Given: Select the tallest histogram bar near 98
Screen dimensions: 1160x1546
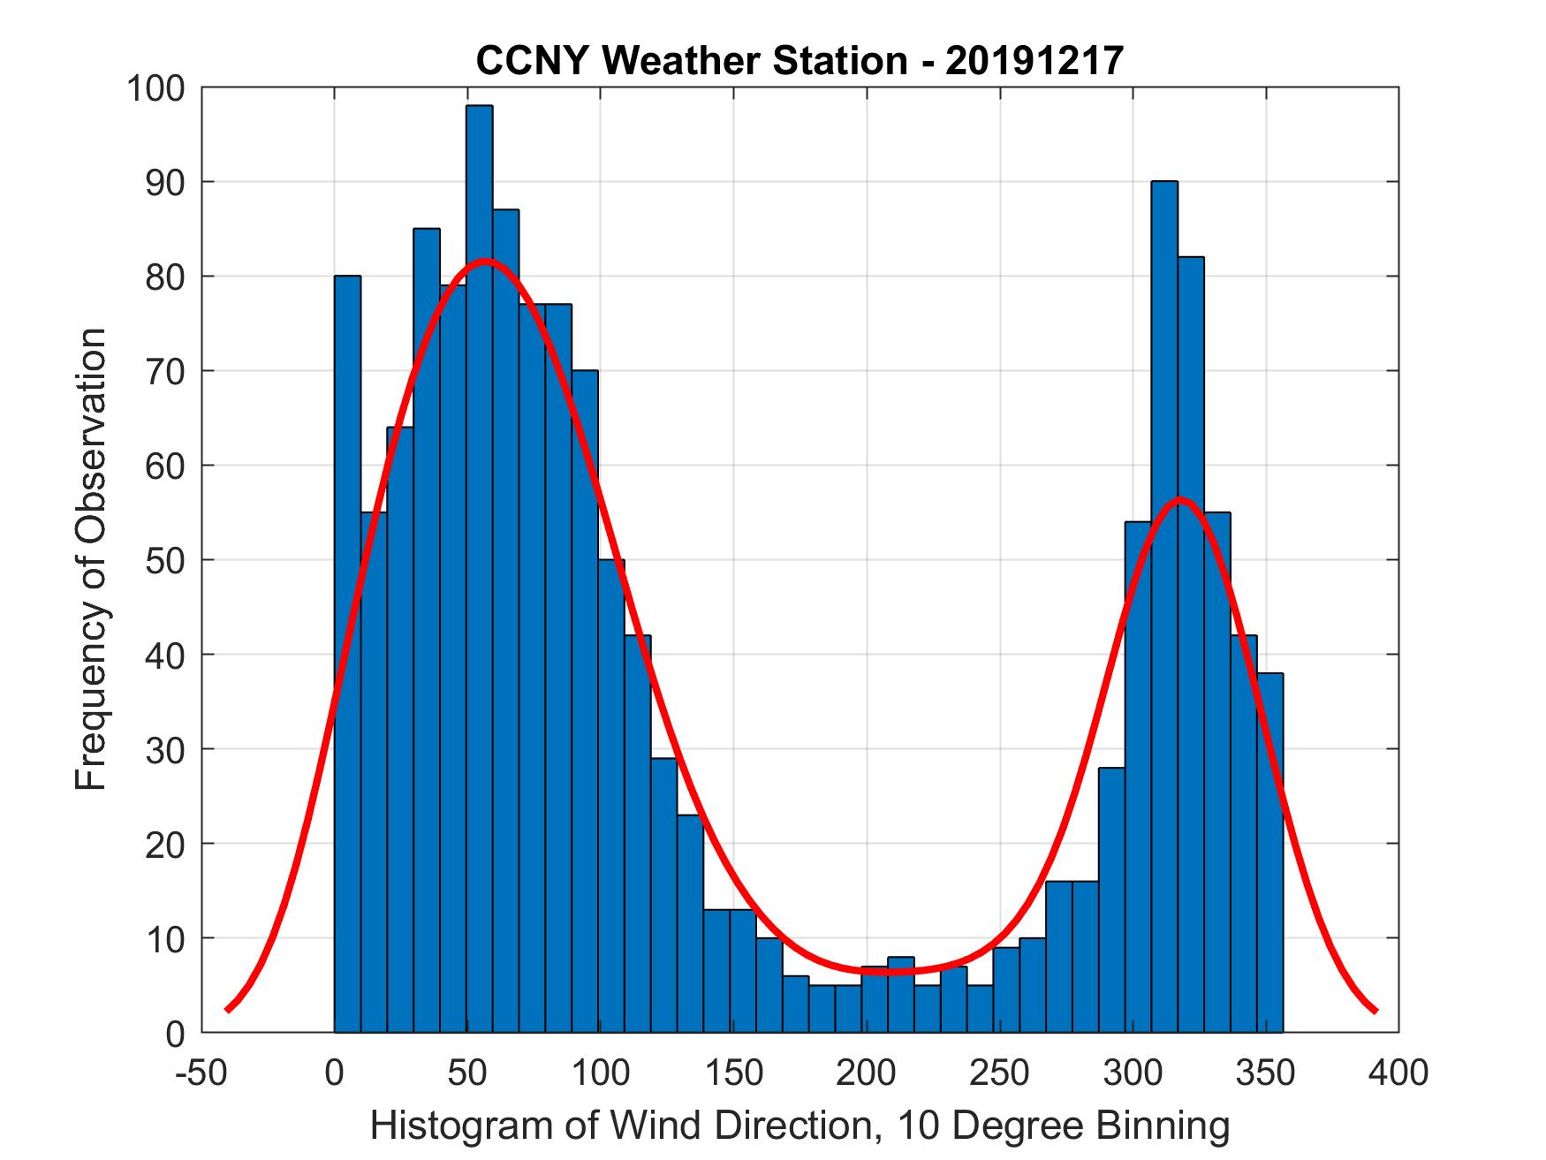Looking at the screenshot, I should pos(479,565).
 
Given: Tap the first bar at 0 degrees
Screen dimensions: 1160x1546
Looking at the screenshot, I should pos(347,654).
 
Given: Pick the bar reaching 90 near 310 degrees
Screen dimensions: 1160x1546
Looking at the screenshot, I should pos(1164,610).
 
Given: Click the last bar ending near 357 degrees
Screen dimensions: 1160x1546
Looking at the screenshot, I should pos(1269,853).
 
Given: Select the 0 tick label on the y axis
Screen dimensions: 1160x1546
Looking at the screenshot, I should pos(177,1033).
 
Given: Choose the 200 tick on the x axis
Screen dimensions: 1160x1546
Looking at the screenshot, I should pos(867,1073).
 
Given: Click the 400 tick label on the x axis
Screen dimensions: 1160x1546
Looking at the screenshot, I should pos(1398,1073).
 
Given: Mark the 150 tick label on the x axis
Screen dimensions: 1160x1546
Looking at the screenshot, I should pos(733,1073).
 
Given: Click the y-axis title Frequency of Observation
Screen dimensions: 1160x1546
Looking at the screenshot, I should pos(92,560).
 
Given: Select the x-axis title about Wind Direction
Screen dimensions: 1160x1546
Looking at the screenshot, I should pos(800,1126).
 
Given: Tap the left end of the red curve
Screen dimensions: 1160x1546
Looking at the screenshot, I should pos(228,1009).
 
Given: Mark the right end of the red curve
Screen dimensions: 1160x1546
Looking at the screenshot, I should pos(1375,1010).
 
